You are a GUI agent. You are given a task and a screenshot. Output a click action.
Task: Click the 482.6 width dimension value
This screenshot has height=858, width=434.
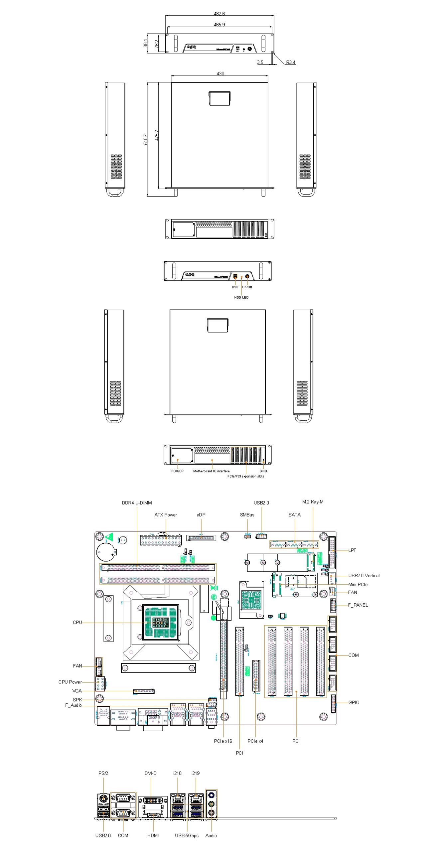click(219, 14)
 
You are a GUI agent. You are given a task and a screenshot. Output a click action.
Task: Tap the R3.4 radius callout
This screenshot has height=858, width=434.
click(290, 62)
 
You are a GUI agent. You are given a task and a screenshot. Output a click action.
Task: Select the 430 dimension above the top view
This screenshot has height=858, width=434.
click(220, 73)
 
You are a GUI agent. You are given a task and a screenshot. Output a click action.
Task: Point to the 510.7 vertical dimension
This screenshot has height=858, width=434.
click(146, 139)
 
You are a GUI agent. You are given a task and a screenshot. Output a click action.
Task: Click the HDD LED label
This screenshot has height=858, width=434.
click(241, 297)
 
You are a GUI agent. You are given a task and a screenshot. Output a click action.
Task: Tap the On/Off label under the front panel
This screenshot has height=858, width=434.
click(247, 287)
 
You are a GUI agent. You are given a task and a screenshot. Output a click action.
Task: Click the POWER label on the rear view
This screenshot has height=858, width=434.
click(177, 471)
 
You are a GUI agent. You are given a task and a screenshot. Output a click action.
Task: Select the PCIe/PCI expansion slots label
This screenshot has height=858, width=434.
click(246, 476)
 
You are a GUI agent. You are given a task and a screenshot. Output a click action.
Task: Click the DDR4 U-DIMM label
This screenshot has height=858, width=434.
click(137, 502)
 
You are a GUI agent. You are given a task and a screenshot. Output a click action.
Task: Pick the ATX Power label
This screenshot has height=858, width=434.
click(166, 514)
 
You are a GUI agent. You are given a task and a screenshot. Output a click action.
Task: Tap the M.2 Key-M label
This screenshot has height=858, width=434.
click(312, 501)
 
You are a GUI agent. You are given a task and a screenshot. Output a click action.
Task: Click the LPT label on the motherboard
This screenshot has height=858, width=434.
click(352, 550)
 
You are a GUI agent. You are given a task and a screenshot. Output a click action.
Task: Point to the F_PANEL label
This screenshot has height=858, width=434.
click(358, 605)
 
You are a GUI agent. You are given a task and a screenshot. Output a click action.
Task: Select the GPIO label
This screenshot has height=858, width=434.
click(354, 702)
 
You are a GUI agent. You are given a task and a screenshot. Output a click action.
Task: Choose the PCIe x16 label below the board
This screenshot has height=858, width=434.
click(223, 741)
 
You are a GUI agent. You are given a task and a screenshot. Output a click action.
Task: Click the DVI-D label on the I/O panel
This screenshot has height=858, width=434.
click(151, 773)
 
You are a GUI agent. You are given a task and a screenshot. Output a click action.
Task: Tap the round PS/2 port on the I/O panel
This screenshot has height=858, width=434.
click(103, 798)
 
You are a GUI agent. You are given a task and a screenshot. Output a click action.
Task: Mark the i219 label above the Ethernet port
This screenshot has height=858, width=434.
click(196, 773)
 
